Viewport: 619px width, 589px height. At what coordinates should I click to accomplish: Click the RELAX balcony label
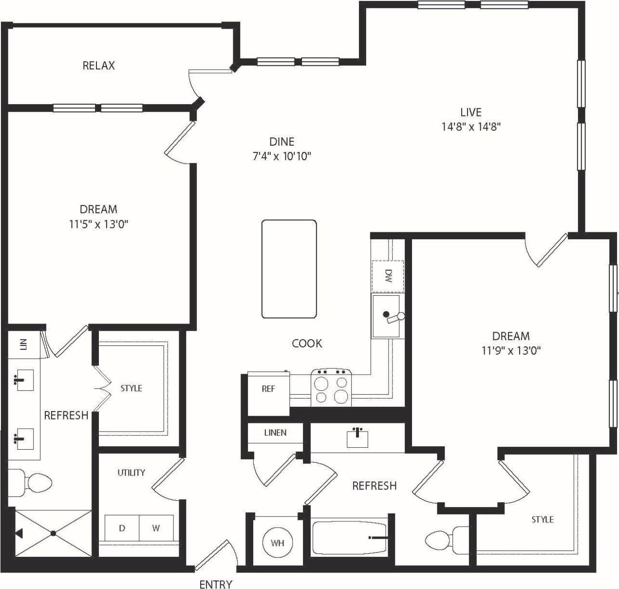coord(98,65)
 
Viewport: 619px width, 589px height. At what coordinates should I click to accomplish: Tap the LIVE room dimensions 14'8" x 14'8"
coord(471,127)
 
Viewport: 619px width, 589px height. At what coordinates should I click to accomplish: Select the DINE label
coord(281,142)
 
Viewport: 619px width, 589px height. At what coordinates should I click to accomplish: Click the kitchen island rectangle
coord(289,269)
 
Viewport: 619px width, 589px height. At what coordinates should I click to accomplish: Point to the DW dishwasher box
coord(388,276)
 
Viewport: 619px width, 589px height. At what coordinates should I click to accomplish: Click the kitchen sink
coord(386,316)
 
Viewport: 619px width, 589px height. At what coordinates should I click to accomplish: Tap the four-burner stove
coord(331,387)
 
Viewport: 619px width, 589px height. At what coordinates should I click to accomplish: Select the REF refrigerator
coord(268,389)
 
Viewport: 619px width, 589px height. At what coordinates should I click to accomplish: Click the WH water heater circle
coord(277,543)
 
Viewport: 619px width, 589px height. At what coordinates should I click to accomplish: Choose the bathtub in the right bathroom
coord(349,538)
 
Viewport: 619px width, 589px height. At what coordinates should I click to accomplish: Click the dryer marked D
coord(122,528)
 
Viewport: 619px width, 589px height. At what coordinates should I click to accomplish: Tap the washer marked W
coord(156,528)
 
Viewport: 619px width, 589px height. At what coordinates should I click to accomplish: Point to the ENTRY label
coord(216,584)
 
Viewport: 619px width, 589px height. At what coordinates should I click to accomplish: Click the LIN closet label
coord(23,344)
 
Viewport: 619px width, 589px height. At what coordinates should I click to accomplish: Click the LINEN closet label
coord(275,433)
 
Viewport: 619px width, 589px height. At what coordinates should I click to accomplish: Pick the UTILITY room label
coord(131,473)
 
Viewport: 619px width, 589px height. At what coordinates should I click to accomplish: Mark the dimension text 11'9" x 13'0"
coord(511,350)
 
